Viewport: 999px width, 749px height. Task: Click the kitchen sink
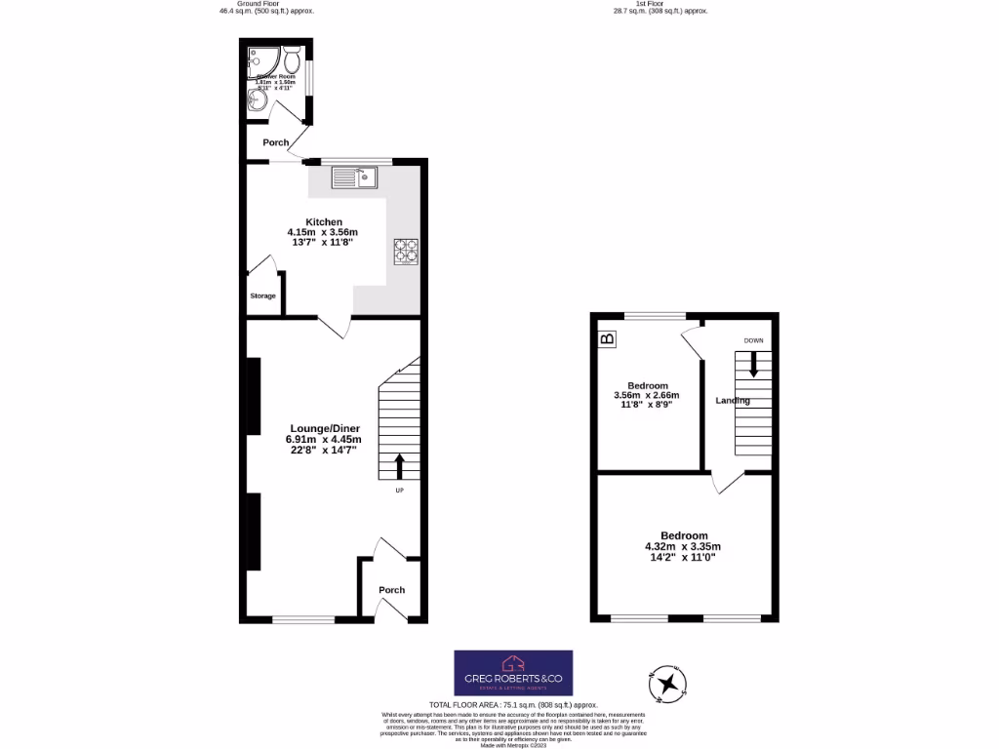[354, 177]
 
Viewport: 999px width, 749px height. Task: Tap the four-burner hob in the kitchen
[405, 252]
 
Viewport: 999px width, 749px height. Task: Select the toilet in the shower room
[292, 62]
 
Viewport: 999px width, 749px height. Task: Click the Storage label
[262, 296]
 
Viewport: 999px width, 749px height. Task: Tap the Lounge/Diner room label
[323, 427]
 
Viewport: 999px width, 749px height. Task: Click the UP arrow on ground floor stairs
[399, 467]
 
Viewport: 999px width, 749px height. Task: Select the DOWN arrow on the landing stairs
[753, 364]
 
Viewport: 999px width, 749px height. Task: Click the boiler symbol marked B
[607, 339]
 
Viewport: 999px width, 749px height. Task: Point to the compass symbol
[669, 682]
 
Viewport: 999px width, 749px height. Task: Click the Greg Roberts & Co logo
[513, 673]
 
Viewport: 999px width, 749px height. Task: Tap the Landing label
[733, 401]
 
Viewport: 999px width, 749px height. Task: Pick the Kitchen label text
[324, 221]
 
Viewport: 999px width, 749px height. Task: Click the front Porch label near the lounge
[391, 590]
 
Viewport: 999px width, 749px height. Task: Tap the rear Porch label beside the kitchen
[275, 142]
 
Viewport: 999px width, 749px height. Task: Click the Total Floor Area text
[513, 704]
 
